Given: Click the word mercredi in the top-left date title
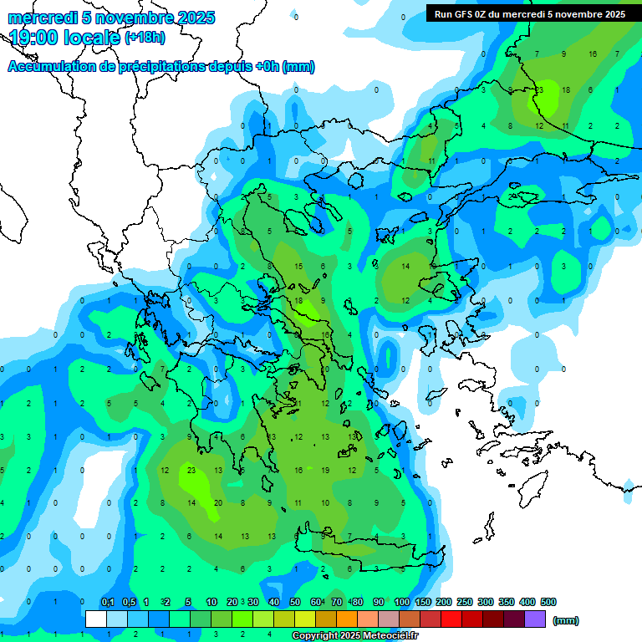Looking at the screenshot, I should [x=43, y=18].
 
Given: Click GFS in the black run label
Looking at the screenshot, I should [x=465, y=13].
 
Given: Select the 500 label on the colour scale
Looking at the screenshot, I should [x=548, y=602].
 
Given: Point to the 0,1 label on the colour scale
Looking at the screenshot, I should [x=108, y=602].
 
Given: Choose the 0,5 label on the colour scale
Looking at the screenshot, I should [x=129, y=602].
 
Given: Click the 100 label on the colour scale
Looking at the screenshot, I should [x=401, y=602].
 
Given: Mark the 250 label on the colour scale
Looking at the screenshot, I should [x=465, y=602].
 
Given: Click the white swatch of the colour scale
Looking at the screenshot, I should [x=96, y=619].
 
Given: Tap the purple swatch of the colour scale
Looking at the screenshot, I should [x=535, y=619].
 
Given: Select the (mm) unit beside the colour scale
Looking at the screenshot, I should [x=566, y=620].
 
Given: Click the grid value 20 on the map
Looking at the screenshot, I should [x=218, y=502].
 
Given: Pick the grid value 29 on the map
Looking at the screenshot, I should [x=512, y=196].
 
